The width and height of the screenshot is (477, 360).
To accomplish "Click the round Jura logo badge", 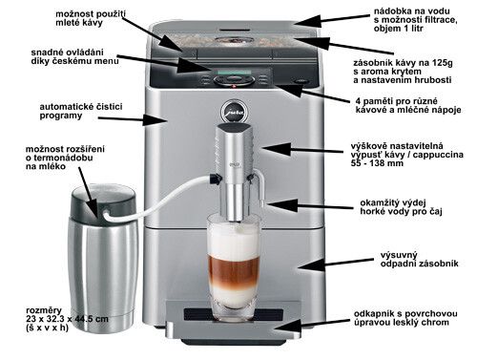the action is tap(234, 111).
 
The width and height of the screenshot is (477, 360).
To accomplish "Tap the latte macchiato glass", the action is tap(234, 266).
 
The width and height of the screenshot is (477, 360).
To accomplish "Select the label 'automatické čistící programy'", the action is tap(81, 111).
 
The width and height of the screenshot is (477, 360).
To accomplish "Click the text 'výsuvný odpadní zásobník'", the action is tap(419, 260).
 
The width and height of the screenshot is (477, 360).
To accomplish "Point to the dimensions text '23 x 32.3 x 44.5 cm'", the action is tap(67, 319).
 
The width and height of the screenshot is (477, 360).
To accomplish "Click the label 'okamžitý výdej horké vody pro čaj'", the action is tap(401, 207).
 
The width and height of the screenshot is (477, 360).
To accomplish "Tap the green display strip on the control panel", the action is tap(234, 73).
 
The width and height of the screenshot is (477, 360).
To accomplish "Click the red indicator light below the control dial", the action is tap(234, 87).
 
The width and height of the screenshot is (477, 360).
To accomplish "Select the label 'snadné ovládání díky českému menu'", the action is tap(74, 56).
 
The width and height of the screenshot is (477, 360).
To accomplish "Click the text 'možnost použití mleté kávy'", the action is tap(91, 18).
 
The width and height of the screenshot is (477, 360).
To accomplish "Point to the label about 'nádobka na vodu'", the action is tap(415, 20).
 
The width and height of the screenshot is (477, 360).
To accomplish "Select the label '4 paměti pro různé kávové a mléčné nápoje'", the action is tap(408, 106).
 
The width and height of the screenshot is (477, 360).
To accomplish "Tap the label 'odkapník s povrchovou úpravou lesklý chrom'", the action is tap(405, 318).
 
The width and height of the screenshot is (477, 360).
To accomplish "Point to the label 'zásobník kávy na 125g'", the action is tap(403, 63).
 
